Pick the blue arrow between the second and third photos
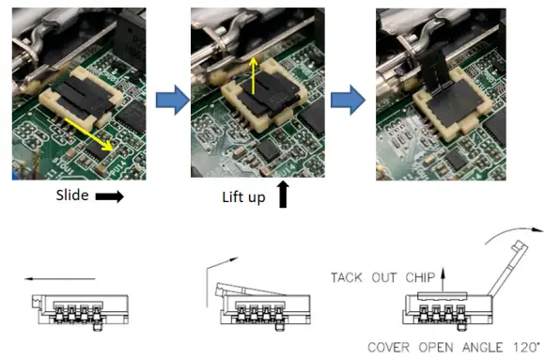point(350,98)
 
